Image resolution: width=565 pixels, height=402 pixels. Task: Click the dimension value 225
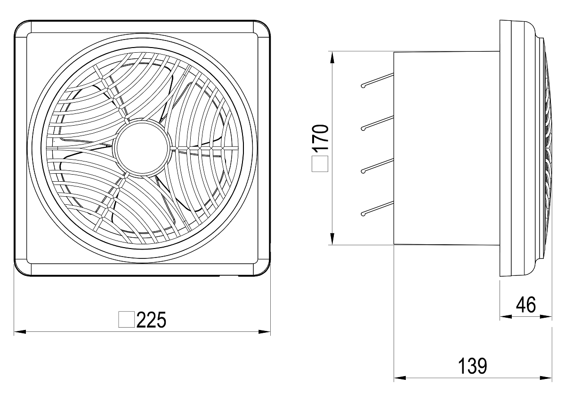(x=151, y=320)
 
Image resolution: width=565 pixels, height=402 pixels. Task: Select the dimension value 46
(x=526, y=305)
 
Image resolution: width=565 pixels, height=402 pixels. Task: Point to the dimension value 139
(x=472, y=366)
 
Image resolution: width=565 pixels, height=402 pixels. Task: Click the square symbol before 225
(x=126, y=320)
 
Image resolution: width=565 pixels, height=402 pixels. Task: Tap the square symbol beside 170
(x=320, y=164)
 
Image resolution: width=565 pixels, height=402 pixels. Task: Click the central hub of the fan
(x=143, y=148)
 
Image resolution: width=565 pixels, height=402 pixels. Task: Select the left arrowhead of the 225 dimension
(x=20, y=332)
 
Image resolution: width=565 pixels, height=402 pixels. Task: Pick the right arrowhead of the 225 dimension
(x=265, y=332)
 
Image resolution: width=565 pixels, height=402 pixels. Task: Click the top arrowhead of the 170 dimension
(x=332, y=57)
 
